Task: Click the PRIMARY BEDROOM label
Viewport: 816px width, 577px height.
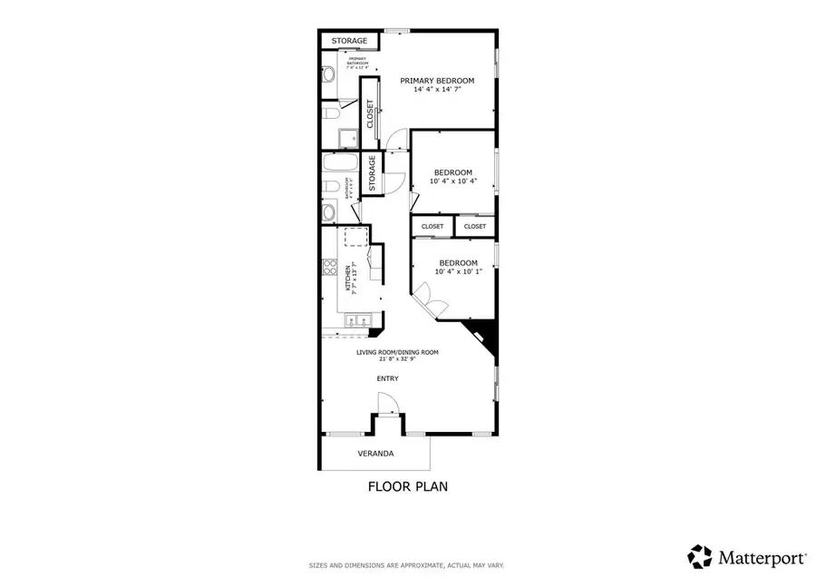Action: (x=437, y=81)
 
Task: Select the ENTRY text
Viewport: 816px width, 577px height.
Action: (x=388, y=378)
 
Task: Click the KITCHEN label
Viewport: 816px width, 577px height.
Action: (x=347, y=277)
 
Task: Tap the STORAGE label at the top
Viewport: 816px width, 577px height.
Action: (x=349, y=41)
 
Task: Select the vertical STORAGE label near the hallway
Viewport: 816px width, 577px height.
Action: (x=372, y=174)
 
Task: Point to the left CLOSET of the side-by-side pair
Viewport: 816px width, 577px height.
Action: (x=432, y=226)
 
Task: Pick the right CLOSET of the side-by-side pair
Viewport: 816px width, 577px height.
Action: (x=475, y=226)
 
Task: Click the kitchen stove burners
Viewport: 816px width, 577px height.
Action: (x=330, y=269)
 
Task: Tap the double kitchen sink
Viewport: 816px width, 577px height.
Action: (x=355, y=320)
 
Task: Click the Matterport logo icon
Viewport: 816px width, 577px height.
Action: (x=700, y=556)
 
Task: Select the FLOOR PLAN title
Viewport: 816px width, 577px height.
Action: (x=407, y=486)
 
